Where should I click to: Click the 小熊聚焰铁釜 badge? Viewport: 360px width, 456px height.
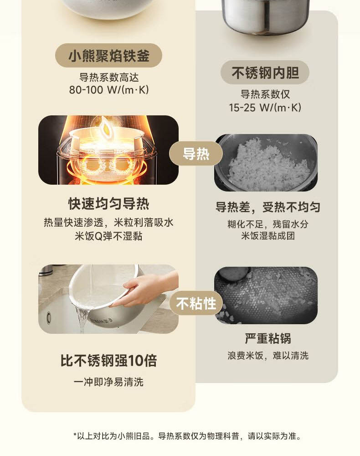pyautogui.click(x=108, y=56)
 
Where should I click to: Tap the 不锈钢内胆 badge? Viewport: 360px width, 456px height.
pyautogui.click(x=265, y=73)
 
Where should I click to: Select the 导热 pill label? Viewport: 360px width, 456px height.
pyautogui.click(x=196, y=154)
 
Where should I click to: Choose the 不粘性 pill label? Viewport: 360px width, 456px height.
pyautogui.click(x=196, y=303)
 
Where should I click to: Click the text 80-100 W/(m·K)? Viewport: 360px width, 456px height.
pyautogui.click(x=109, y=89)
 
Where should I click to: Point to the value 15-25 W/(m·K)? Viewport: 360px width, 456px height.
pyautogui.click(x=265, y=108)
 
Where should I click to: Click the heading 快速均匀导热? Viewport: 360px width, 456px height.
pyautogui.click(x=108, y=203)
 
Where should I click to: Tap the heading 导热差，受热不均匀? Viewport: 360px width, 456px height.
pyautogui.click(x=267, y=207)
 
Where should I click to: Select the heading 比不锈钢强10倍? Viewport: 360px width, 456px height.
pyautogui.click(x=108, y=360)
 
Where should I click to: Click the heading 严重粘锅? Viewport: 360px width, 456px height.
pyautogui.click(x=267, y=338)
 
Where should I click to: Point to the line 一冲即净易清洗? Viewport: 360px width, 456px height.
pyautogui.click(x=108, y=382)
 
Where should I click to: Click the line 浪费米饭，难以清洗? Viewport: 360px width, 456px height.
pyautogui.click(x=268, y=355)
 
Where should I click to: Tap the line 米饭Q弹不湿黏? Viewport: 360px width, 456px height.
pyautogui.click(x=108, y=236)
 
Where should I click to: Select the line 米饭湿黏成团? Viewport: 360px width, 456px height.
pyautogui.click(x=268, y=236)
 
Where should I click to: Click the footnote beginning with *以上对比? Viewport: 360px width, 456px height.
pyautogui.click(x=187, y=436)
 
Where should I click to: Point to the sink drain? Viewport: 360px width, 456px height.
pyautogui.click(x=49, y=317)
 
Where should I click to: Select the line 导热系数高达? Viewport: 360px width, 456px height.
pyautogui.click(x=109, y=78)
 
